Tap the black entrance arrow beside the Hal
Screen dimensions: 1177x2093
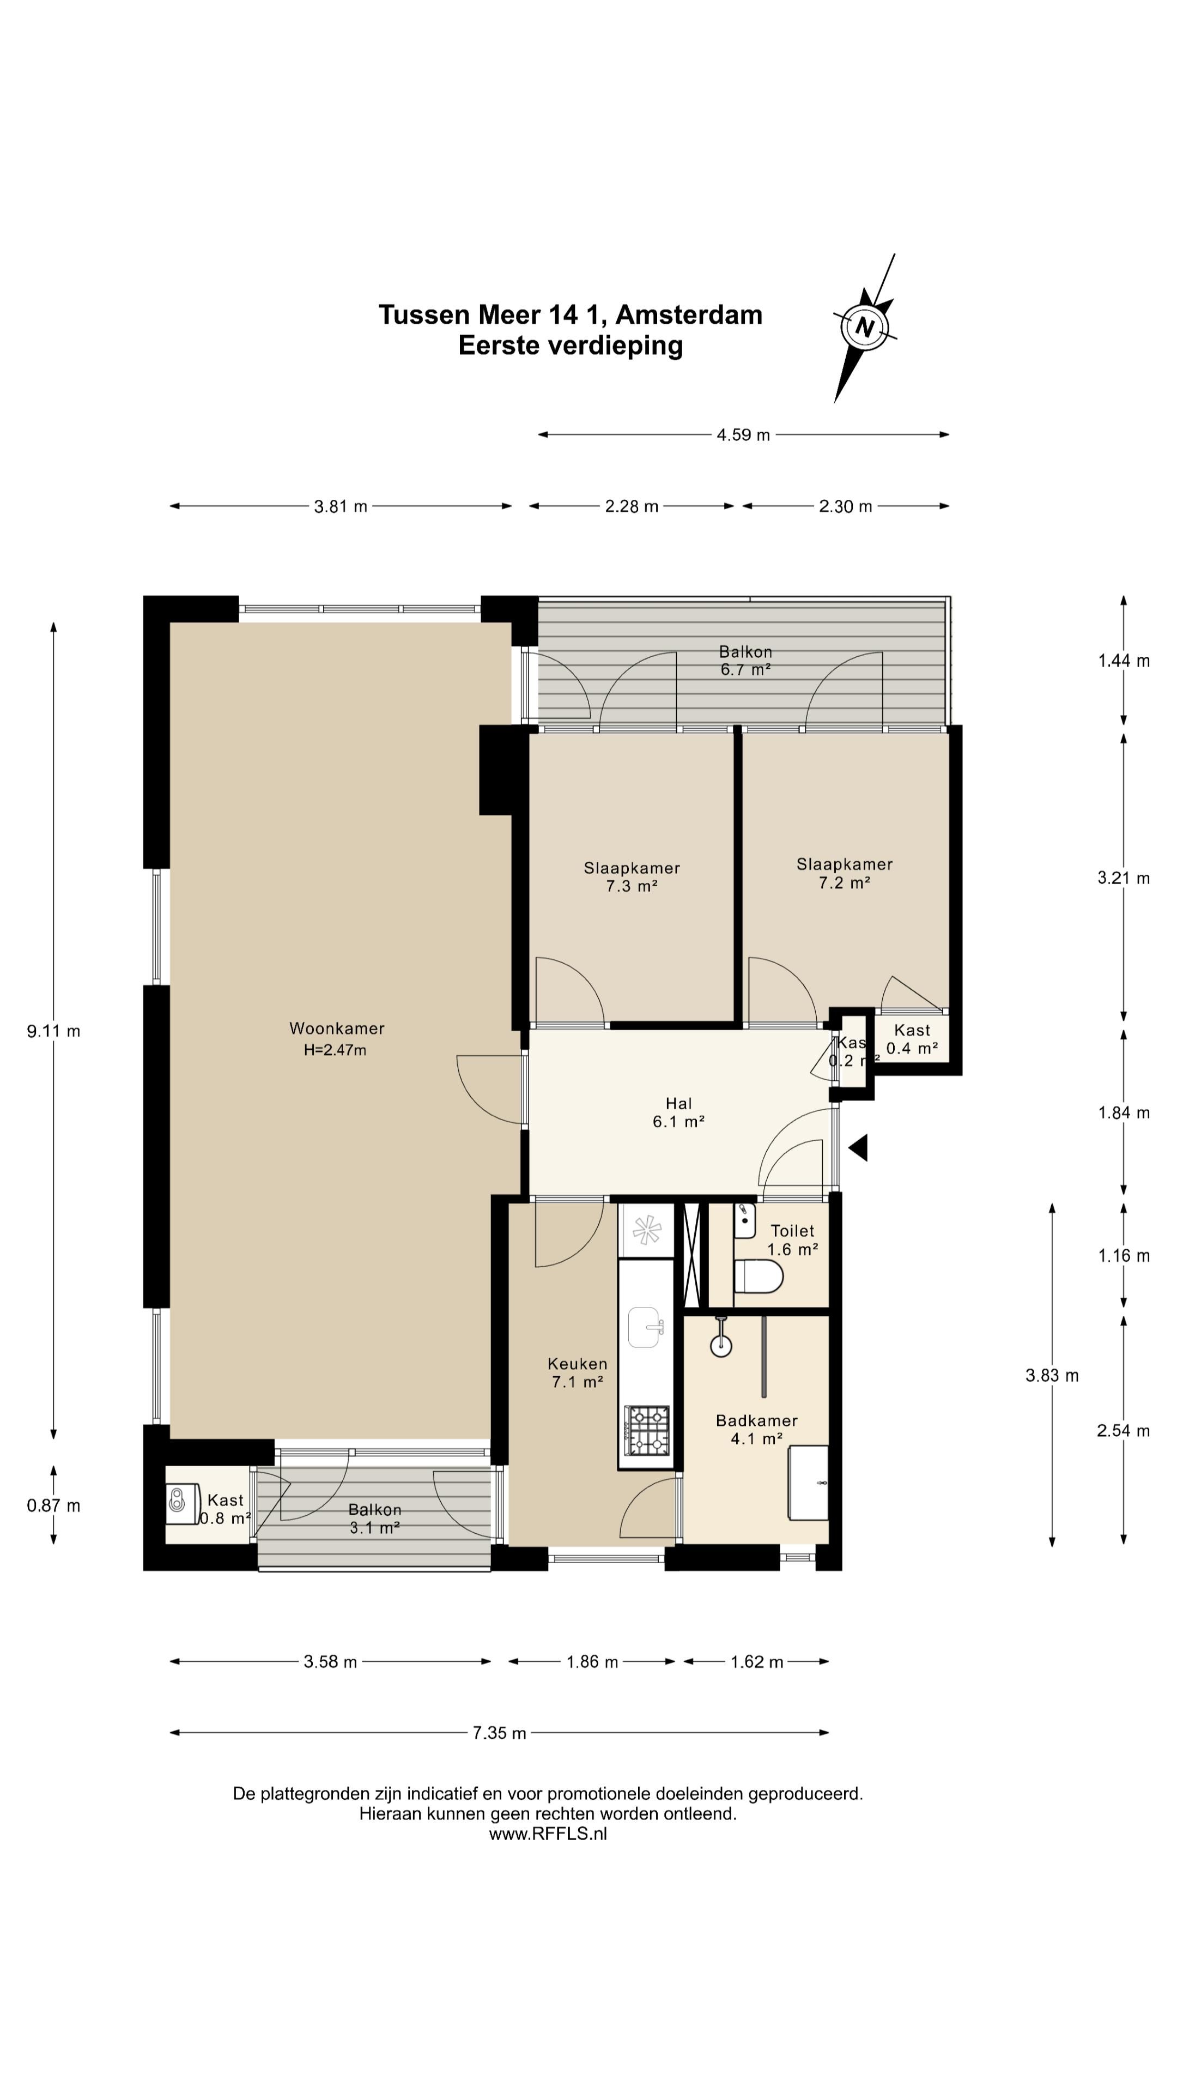click(859, 1148)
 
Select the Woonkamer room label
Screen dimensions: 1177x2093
click(336, 1029)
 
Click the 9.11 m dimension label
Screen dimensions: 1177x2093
click(53, 1031)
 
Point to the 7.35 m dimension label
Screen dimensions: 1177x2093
click(500, 1733)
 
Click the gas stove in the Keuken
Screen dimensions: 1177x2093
click(647, 1430)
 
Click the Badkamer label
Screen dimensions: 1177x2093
click(756, 1420)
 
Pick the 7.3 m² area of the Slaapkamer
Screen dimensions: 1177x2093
click(631, 886)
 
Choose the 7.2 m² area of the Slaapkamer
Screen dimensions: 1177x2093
click(845, 882)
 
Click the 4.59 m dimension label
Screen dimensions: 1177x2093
click(743, 435)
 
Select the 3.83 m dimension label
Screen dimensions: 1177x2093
click(1052, 1376)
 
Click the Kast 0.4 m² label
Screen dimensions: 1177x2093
click(912, 1039)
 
